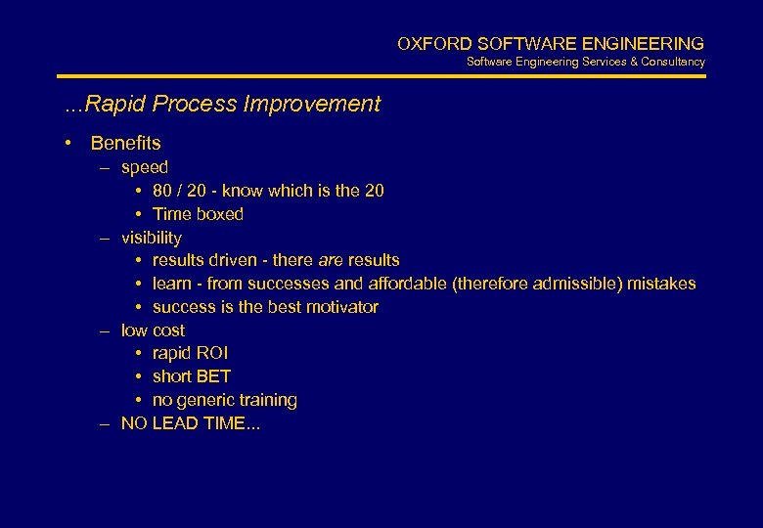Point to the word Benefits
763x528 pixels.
click(125, 144)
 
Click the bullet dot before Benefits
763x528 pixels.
click(68, 144)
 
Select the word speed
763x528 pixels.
click(145, 167)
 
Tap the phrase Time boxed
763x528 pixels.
click(198, 214)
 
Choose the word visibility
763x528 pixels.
click(151, 238)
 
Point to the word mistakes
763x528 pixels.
click(662, 284)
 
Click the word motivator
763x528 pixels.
click(341, 307)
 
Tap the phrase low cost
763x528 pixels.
click(153, 330)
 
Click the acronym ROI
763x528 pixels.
click(212, 353)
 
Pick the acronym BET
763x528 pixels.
click(213, 376)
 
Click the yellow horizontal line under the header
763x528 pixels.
click(381, 76)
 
